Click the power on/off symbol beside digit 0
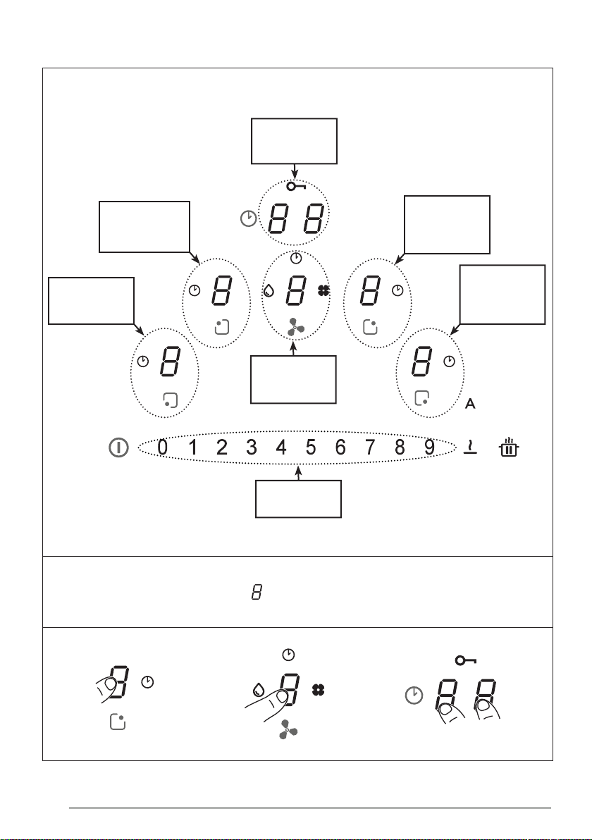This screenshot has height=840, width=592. [x=119, y=447]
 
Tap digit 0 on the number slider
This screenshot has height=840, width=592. [x=163, y=447]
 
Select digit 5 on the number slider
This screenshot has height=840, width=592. [x=311, y=447]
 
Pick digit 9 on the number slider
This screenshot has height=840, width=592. [x=430, y=447]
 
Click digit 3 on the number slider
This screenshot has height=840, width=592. [x=252, y=447]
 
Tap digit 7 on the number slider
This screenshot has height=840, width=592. [x=370, y=447]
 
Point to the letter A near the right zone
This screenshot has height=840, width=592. [x=470, y=404]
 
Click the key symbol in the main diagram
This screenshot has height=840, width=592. [x=296, y=187]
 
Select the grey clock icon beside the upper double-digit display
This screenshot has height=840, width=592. [x=248, y=218]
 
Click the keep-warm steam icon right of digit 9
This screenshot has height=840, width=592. [x=470, y=447]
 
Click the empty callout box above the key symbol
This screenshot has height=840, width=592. [x=294, y=141]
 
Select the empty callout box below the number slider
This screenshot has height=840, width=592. [x=298, y=499]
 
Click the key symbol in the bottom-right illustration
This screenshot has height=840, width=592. [x=466, y=660]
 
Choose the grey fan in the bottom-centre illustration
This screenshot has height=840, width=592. [x=288, y=730]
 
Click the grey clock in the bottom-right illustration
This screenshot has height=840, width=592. [x=414, y=696]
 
